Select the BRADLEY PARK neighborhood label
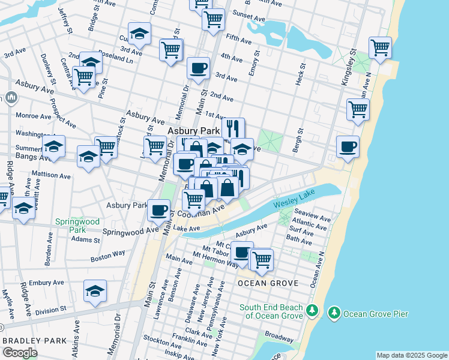point(35,341)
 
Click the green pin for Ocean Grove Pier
point(334,313)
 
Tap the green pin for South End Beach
point(311,311)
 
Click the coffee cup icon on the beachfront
point(348,146)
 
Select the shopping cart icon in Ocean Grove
point(261,259)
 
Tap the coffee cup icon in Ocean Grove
point(242,252)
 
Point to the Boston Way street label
point(107,256)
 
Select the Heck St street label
point(300,73)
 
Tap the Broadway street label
point(279,337)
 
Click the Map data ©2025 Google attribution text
point(411,355)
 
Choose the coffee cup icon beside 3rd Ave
point(198,67)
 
